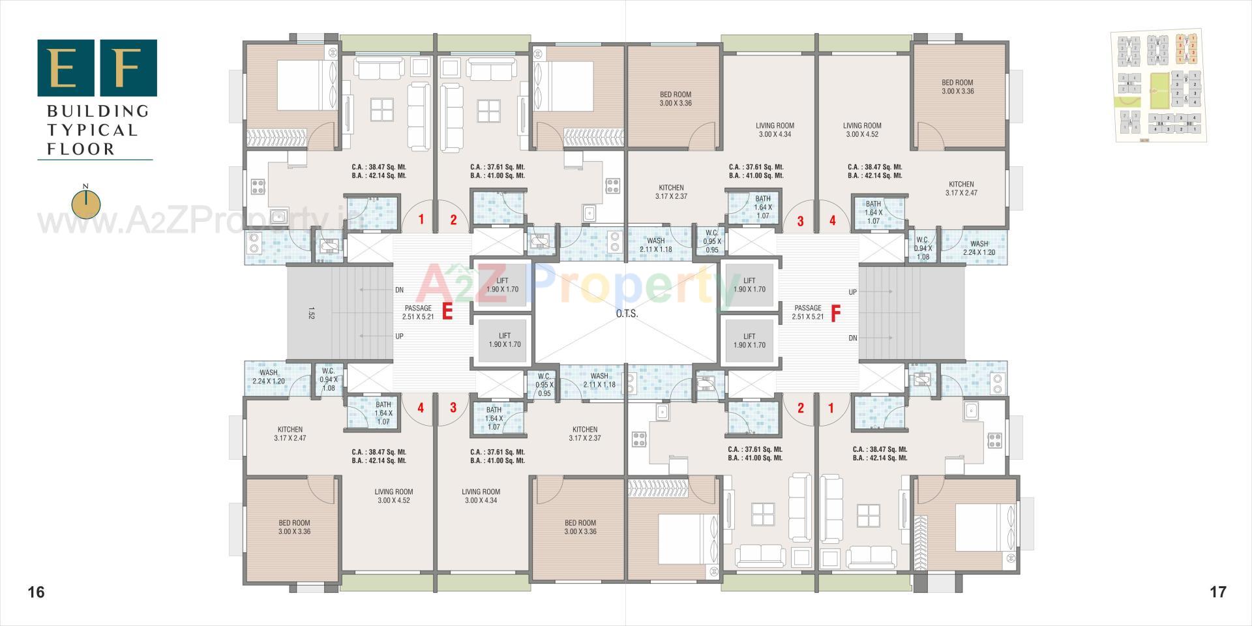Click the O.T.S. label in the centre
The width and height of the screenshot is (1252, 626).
click(627, 314)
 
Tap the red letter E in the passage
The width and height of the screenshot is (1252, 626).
click(447, 312)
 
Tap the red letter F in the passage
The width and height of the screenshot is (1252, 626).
click(835, 314)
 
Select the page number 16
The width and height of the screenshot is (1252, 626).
click(36, 592)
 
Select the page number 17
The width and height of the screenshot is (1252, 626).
click(1217, 592)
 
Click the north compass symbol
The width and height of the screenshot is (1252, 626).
click(86, 203)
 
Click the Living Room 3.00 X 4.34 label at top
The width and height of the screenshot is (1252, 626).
click(775, 130)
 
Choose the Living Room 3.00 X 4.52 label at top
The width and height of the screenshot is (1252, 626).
click(861, 130)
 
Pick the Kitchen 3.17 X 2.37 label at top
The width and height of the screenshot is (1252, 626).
click(671, 192)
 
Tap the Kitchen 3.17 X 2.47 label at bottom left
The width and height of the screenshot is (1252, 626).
click(290, 434)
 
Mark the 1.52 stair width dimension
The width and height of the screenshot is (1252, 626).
click(312, 314)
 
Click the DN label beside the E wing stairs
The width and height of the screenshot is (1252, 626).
click(399, 290)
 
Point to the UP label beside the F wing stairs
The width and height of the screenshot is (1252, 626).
click(852, 292)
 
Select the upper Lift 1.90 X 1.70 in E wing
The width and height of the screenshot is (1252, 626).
click(502, 285)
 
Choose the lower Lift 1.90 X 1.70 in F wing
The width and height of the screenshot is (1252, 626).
click(749, 341)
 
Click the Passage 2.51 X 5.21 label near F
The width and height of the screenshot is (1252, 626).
click(808, 312)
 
